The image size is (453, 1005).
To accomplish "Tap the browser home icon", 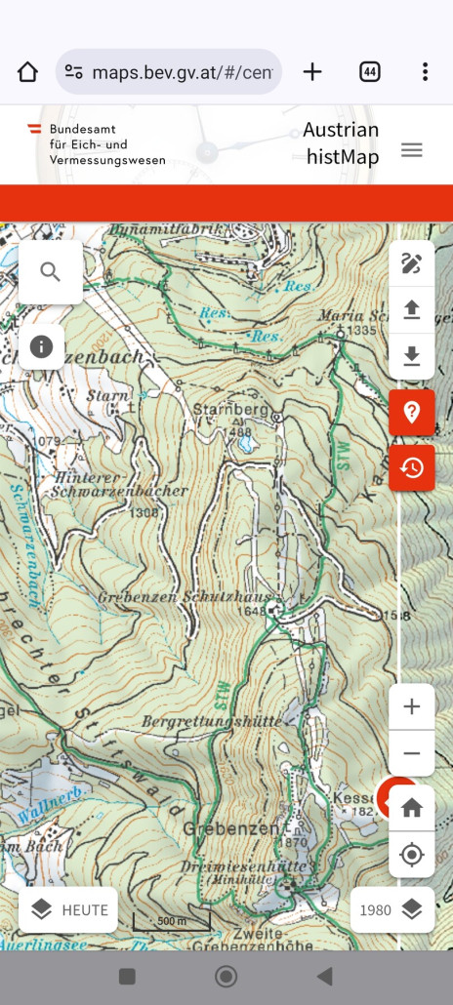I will click(x=27, y=72).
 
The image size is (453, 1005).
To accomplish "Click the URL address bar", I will click(x=169, y=72).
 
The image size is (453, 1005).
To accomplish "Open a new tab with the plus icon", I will click(x=312, y=72).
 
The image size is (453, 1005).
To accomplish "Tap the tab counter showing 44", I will click(x=370, y=72).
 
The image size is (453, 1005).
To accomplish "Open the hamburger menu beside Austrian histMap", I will click(x=412, y=150).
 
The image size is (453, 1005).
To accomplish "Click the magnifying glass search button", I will click(x=51, y=271).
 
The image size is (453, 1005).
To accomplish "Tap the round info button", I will click(x=41, y=346).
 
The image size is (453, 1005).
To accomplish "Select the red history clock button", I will click(x=411, y=467).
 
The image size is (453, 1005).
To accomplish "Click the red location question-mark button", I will click(x=411, y=412).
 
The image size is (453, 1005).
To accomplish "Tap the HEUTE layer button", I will click(x=68, y=909).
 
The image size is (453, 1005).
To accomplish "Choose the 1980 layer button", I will click(x=392, y=909).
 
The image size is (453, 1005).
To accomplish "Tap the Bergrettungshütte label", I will click(x=212, y=721).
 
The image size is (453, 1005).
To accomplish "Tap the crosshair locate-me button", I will click(x=411, y=855).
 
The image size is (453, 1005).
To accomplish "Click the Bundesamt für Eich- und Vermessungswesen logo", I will click(x=96, y=144).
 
